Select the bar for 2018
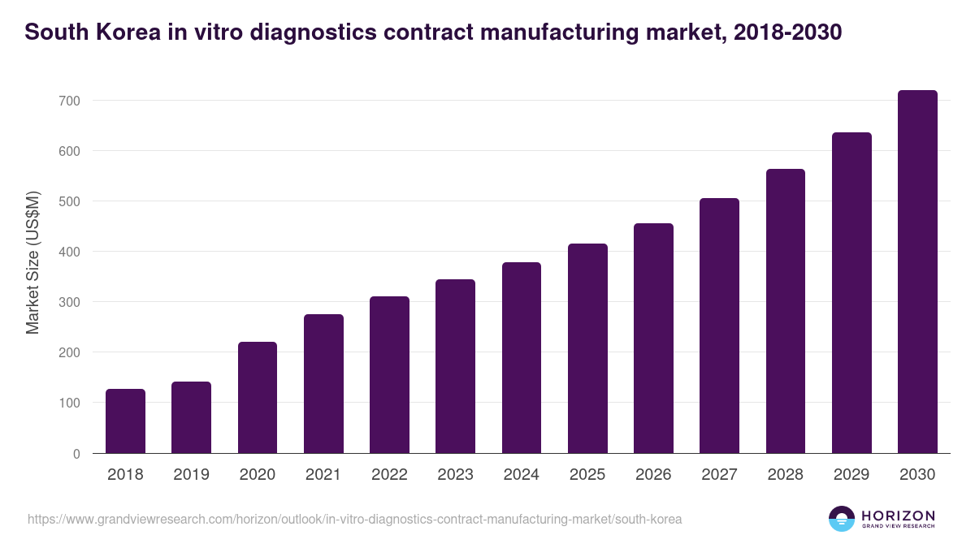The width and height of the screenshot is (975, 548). point(125,421)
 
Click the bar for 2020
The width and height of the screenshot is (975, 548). point(258,398)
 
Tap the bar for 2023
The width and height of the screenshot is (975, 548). point(455,366)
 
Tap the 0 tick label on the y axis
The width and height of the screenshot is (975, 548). point(76,454)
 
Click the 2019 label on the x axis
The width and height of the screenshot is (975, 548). point(192,475)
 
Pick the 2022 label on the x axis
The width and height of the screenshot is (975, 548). point(389,475)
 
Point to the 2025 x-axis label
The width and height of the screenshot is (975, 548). point(587,475)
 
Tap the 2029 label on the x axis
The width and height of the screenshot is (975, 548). point(851,475)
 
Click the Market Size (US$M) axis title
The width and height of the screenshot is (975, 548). point(32,262)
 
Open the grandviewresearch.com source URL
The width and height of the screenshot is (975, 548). point(354,519)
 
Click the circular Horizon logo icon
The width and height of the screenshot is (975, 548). point(842,519)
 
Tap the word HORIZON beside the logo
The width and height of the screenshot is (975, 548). point(898,515)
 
